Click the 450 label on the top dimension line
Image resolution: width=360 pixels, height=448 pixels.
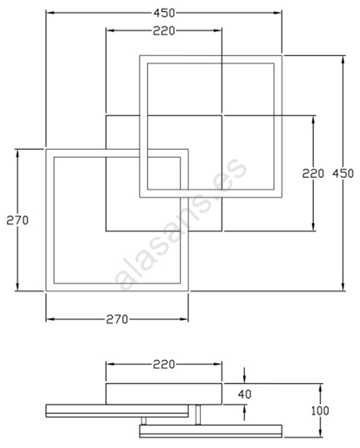(x=164, y=13)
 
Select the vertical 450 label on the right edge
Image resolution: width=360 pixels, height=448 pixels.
(x=343, y=173)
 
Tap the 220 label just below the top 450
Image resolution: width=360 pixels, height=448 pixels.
(x=164, y=31)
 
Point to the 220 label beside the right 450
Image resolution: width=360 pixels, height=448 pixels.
(x=313, y=173)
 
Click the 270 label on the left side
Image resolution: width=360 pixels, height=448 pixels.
(x=18, y=221)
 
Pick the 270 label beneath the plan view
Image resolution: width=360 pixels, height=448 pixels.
(x=117, y=319)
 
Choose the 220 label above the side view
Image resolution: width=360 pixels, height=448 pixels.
(x=164, y=364)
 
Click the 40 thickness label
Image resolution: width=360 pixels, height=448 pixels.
(x=244, y=395)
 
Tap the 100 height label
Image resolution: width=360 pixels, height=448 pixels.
(x=320, y=411)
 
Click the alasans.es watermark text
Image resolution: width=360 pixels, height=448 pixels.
(x=181, y=224)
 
